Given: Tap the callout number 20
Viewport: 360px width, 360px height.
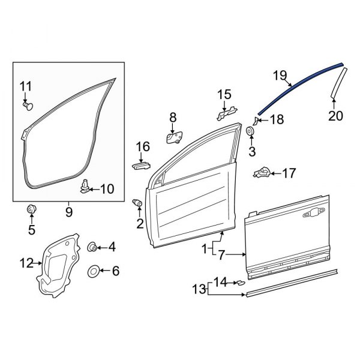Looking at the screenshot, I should pos(335,116).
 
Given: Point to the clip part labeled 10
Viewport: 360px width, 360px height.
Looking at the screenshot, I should pos(85,188).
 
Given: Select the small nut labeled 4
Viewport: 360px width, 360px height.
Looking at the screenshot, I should pos(92,247).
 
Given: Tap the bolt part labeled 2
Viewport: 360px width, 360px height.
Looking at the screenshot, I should pos(137,205).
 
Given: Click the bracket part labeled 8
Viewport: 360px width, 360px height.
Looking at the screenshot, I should pos(175,137).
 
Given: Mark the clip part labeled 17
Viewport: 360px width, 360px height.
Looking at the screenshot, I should pos(260,173).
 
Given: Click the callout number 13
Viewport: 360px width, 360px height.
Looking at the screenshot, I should pos(199,290).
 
